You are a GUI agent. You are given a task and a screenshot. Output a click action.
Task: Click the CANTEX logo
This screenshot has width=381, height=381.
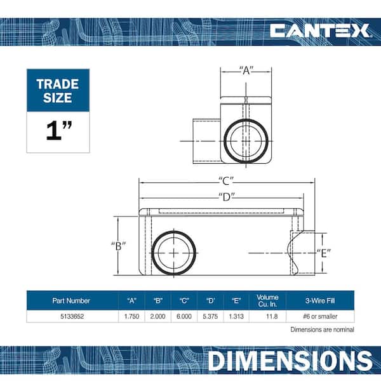click(x=319, y=30)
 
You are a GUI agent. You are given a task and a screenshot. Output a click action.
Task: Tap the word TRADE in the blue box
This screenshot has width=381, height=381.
click(x=58, y=84)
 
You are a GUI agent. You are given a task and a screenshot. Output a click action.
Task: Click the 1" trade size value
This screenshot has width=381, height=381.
click(x=59, y=131)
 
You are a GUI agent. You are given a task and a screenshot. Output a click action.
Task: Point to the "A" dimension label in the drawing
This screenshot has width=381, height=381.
click(x=246, y=70)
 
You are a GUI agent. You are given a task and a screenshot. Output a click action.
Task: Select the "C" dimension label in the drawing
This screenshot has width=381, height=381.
click(x=226, y=181)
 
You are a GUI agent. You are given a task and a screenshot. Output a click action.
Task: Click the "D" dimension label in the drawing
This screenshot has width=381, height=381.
click(x=227, y=197)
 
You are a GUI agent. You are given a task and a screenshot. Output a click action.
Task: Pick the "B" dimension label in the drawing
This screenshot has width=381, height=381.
click(x=119, y=246)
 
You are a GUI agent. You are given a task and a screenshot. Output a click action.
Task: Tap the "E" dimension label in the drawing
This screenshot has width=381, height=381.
click(x=324, y=253)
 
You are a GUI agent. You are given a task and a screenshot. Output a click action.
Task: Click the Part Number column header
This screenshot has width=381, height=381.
click(x=71, y=300)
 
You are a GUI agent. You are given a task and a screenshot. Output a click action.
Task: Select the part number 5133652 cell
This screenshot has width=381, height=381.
click(x=72, y=316)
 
